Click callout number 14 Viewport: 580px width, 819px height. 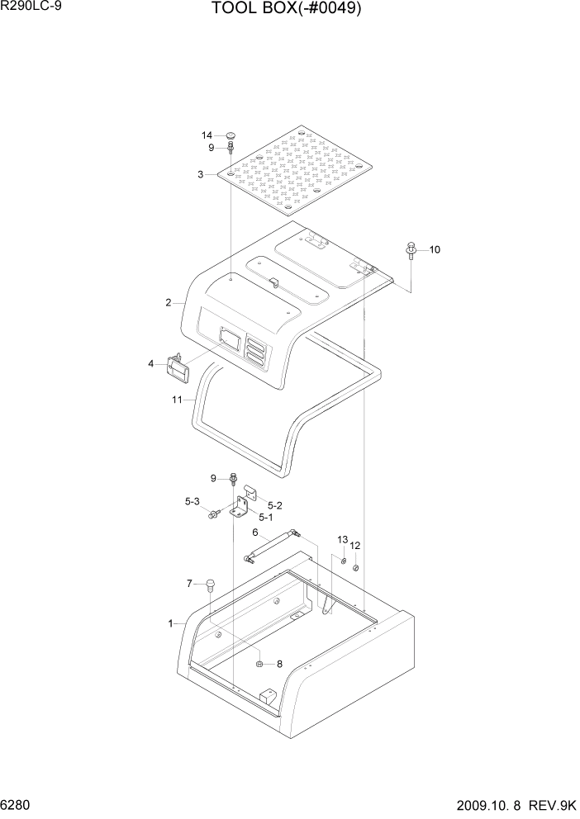pyautogui.click(x=207, y=135)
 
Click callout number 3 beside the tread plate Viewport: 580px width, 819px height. pyautogui.click(x=200, y=174)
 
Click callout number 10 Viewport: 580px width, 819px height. pyautogui.click(x=435, y=249)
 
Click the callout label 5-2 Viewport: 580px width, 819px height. pyautogui.click(x=276, y=504)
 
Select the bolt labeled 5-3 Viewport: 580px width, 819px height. pyautogui.click(x=214, y=514)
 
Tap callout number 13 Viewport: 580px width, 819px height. pyautogui.click(x=341, y=539)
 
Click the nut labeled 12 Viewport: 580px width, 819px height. pyautogui.click(x=354, y=567)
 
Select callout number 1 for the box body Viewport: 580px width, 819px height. pyautogui.click(x=171, y=623)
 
